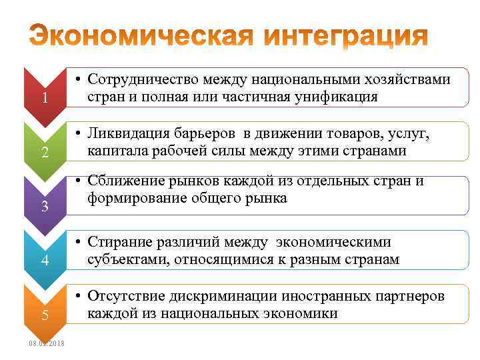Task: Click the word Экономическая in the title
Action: (141, 35)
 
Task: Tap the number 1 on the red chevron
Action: (44, 98)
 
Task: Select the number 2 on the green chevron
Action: (45, 152)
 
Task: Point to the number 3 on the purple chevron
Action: (45, 206)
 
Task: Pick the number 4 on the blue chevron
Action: (45, 261)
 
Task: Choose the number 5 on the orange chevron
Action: (45, 315)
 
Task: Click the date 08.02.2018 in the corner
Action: (47, 343)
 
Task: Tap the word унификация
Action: (334, 97)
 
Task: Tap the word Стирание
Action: (119, 243)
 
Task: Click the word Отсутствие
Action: (123, 297)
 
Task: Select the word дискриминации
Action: (213, 297)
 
